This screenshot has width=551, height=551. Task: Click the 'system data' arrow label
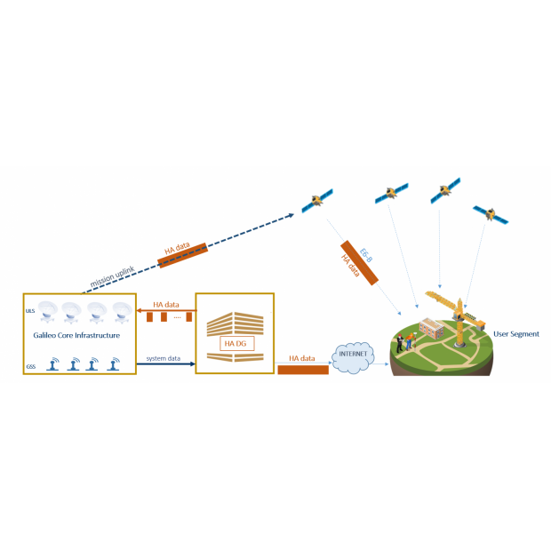pos(164,357)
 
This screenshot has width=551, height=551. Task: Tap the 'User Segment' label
pos(516,334)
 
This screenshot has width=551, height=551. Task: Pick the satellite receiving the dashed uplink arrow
pos(315,201)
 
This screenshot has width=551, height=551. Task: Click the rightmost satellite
pos(490,214)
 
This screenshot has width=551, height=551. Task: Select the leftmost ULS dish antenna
pos(46,312)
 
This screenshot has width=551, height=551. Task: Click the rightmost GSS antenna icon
pos(114,364)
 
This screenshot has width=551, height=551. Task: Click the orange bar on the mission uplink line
pos(182,253)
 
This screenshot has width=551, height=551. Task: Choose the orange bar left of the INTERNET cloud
pos(303,369)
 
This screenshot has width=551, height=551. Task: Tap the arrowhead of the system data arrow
pos(191,363)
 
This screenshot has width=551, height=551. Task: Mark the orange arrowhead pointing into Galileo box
pos(140,310)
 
